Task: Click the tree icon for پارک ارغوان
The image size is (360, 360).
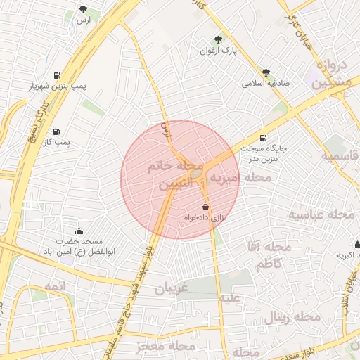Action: pos(217,39)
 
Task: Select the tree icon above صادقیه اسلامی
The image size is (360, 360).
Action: pos(266,72)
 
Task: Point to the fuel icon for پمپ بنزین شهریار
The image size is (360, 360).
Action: pos(56,75)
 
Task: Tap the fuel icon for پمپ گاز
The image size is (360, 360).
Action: pos(56,131)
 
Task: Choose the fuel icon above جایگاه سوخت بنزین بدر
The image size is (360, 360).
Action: pos(263,139)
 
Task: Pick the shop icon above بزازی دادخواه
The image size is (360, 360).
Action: pos(205,207)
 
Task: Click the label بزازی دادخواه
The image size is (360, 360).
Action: pos(205,219)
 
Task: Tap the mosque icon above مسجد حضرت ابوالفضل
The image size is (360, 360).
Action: pos(79,231)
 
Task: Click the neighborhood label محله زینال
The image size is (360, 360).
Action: pos(291,318)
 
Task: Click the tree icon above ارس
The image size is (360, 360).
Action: pos(84,10)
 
